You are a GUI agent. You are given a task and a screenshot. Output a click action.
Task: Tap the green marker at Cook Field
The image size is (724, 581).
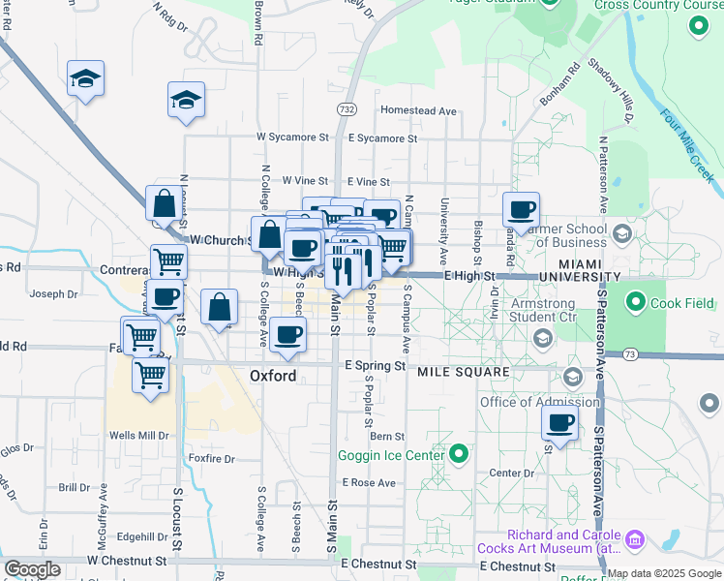point(636,303)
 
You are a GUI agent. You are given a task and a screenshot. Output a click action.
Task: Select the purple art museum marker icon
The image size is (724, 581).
point(636,538)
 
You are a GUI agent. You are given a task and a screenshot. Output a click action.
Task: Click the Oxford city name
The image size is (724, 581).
point(273,375)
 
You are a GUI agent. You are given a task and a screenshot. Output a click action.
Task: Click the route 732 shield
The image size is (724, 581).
point(346,111)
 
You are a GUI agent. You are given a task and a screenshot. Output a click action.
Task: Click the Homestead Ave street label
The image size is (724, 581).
point(418,110)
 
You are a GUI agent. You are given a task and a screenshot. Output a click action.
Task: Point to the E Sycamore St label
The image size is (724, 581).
point(381,138)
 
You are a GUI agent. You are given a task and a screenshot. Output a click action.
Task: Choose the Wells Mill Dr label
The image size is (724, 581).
point(139,436)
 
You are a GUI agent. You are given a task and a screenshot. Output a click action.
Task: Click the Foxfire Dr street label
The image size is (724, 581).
point(212,459)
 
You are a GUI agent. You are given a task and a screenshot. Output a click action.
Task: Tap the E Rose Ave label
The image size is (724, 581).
point(368,482)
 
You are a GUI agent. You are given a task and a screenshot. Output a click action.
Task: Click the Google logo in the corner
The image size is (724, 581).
point(31,569)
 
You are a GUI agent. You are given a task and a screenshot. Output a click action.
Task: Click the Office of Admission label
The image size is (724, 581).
point(539,402)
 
